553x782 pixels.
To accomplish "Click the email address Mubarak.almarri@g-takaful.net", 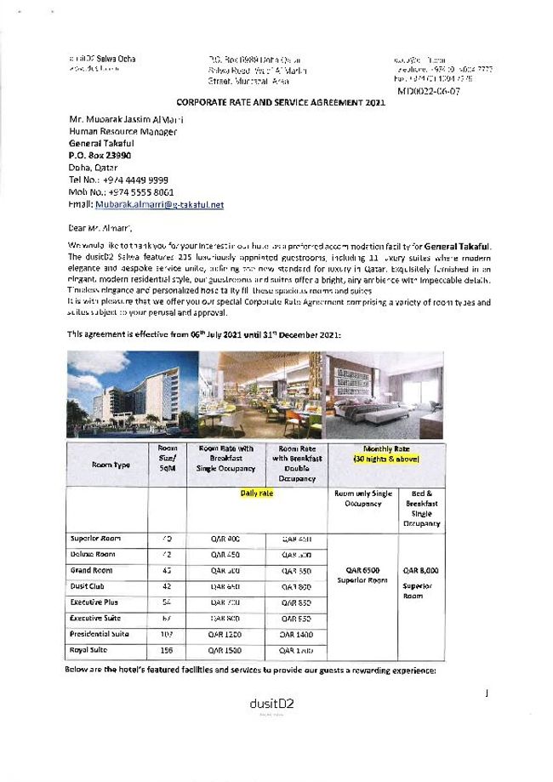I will [x=160, y=205].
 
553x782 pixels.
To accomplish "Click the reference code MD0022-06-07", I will [x=429, y=91].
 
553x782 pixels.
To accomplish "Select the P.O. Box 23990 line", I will [x=105, y=157].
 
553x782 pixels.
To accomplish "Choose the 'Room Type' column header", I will [x=111, y=465].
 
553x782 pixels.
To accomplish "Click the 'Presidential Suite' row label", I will [x=100, y=634].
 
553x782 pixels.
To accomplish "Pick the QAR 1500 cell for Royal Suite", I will [x=225, y=651].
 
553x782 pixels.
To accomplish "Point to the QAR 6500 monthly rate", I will [x=362, y=570].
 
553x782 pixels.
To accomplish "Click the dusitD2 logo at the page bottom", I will [x=271, y=704].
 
